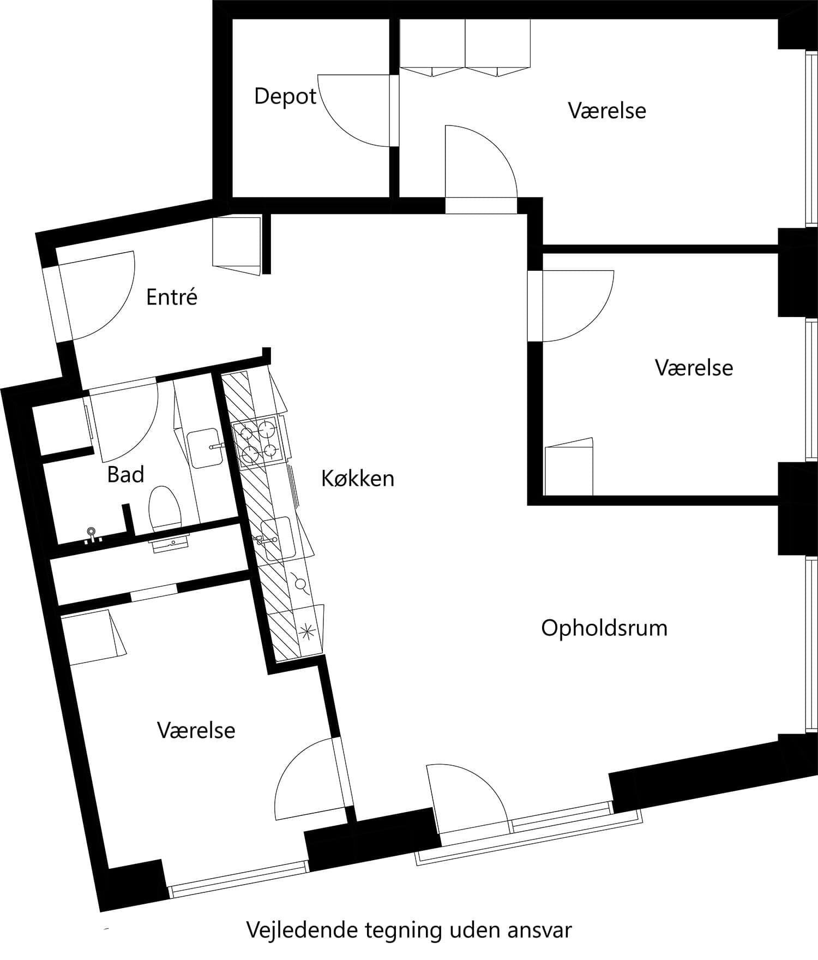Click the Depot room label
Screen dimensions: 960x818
(x=285, y=97)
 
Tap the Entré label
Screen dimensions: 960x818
(x=171, y=297)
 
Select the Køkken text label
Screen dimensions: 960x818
(x=357, y=479)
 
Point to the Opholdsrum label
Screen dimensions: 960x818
(x=604, y=628)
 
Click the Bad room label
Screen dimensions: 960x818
(x=125, y=475)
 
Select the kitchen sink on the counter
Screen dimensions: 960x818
(x=277, y=538)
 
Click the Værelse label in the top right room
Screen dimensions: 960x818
(x=606, y=111)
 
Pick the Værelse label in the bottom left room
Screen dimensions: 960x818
(x=196, y=730)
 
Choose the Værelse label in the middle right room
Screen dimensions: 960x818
(x=693, y=368)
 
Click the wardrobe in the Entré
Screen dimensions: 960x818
(x=236, y=243)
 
